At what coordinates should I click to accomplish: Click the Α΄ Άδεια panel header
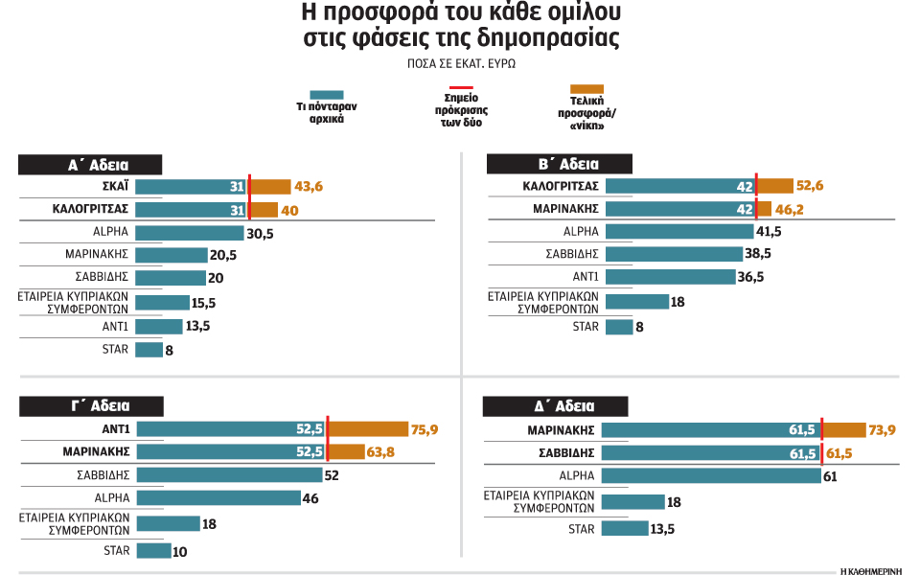(91, 165)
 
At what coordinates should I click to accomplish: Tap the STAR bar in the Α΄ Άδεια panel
(149, 350)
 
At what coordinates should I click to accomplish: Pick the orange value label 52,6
(812, 186)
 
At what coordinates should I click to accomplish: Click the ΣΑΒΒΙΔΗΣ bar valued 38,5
(676, 255)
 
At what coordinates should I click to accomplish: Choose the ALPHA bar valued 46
(218, 498)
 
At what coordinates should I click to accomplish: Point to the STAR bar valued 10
(153, 551)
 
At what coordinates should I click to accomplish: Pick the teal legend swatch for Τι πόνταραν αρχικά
(320, 94)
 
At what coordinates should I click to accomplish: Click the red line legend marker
(460, 87)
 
